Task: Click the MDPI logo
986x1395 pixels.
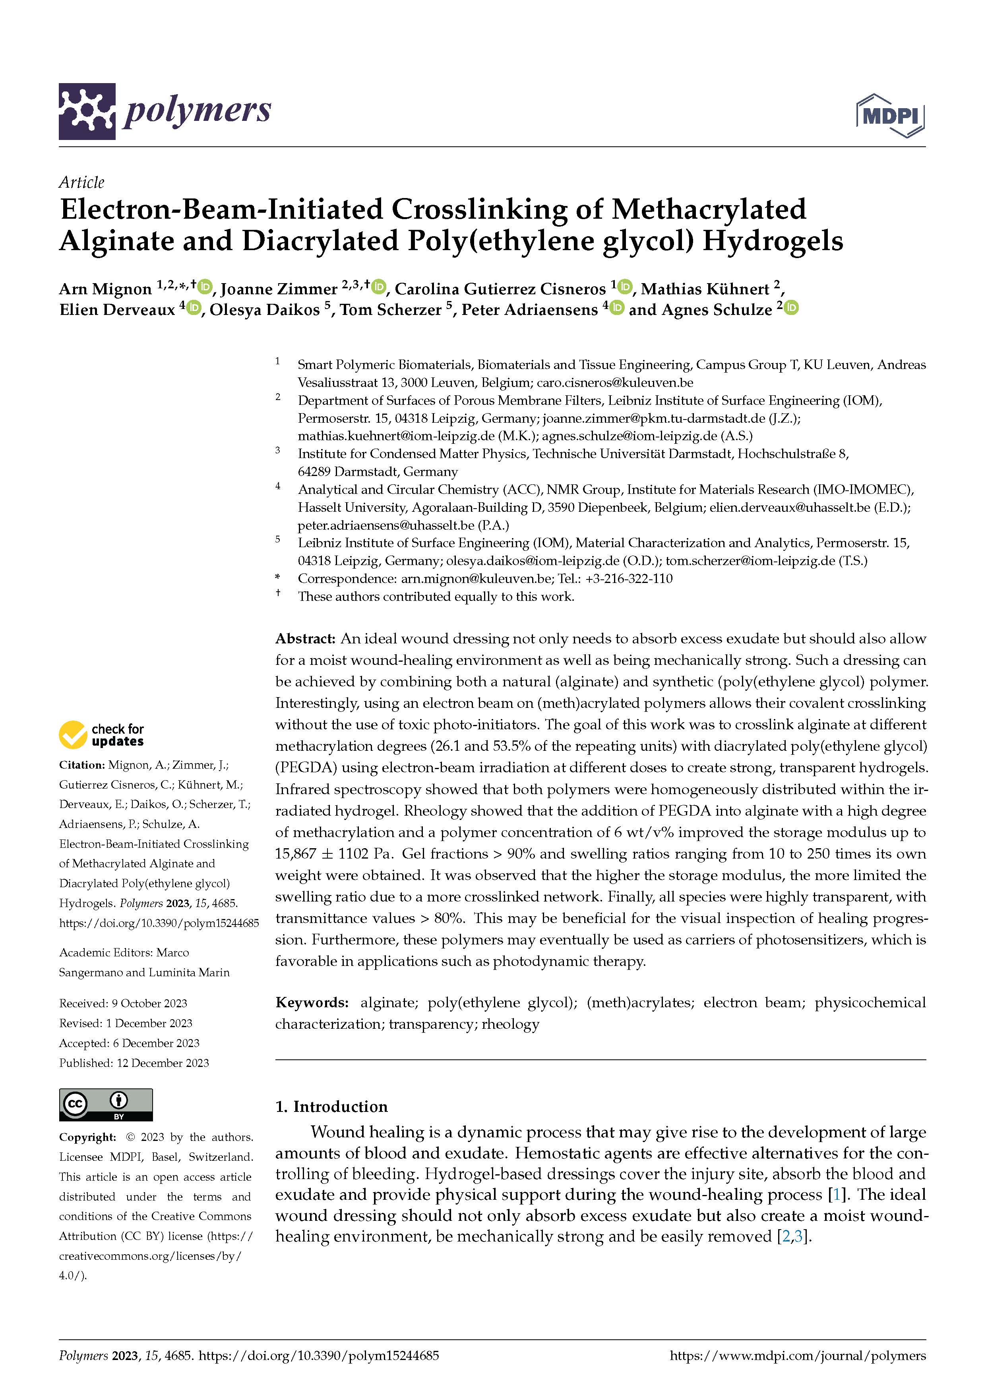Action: click(890, 115)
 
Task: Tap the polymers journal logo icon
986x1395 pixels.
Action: click(87, 111)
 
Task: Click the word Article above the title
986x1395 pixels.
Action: click(81, 182)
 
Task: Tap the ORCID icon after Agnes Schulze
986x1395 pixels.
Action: click(791, 308)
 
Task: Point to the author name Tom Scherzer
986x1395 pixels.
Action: click(390, 310)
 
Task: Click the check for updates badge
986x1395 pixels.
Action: click(101, 734)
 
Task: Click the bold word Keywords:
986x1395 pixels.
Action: click(312, 1003)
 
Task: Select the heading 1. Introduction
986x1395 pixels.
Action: click(331, 1106)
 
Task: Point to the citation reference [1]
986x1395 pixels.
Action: click(837, 1195)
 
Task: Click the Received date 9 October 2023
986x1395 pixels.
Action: click(149, 1003)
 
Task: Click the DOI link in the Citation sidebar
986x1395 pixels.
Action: click(159, 923)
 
